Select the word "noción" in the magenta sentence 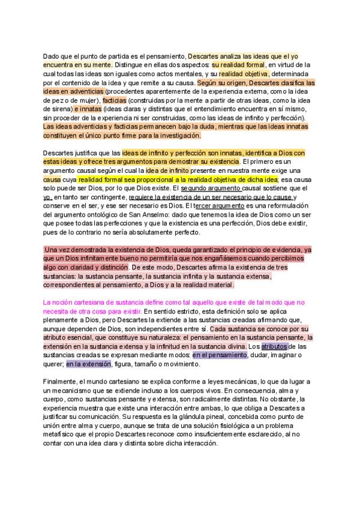[67, 303]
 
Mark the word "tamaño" [146, 364]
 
